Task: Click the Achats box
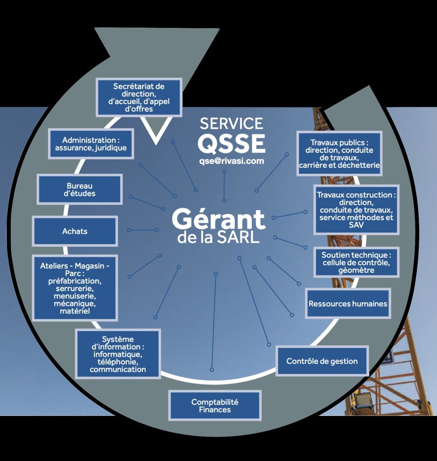coord(75,231)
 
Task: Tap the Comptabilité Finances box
coord(215,406)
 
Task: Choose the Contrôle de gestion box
coord(322,361)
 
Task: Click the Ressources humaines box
coord(348,303)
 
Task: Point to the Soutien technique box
coord(356,263)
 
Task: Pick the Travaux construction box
coord(356,210)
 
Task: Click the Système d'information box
coord(118,354)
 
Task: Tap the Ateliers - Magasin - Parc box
coord(75,288)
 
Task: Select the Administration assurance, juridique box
coord(91,144)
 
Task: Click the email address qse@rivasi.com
coord(232,161)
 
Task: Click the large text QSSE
coord(231,143)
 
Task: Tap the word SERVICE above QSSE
coord(232,123)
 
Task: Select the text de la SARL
coord(218,239)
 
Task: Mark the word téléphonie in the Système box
coord(118,362)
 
